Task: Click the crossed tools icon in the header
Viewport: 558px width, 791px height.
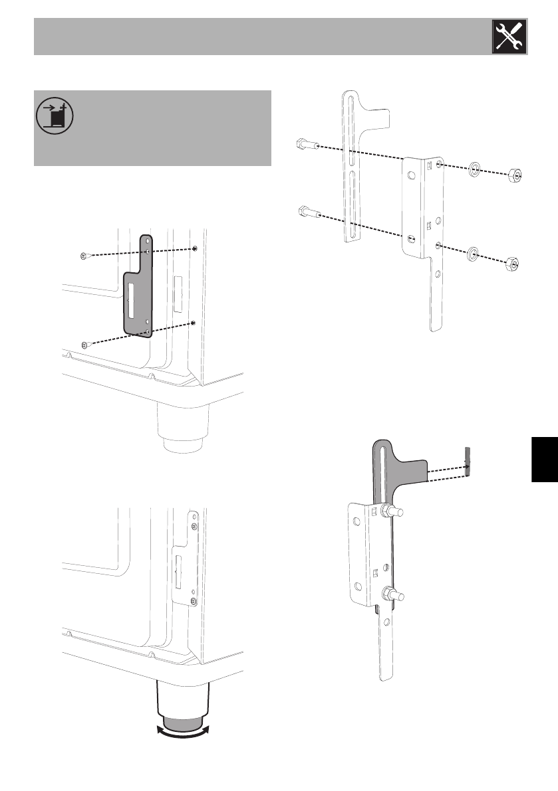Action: pos(509,36)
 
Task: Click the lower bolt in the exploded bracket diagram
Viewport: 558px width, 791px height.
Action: pos(307,213)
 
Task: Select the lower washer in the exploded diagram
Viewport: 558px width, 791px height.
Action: pos(473,253)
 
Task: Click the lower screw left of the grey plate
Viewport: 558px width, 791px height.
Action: pos(84,344)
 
